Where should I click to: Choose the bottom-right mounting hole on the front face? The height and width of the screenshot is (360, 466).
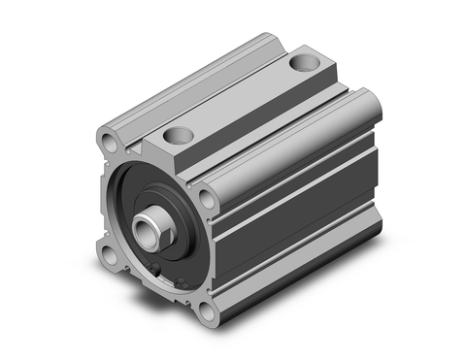pos(204,313)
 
